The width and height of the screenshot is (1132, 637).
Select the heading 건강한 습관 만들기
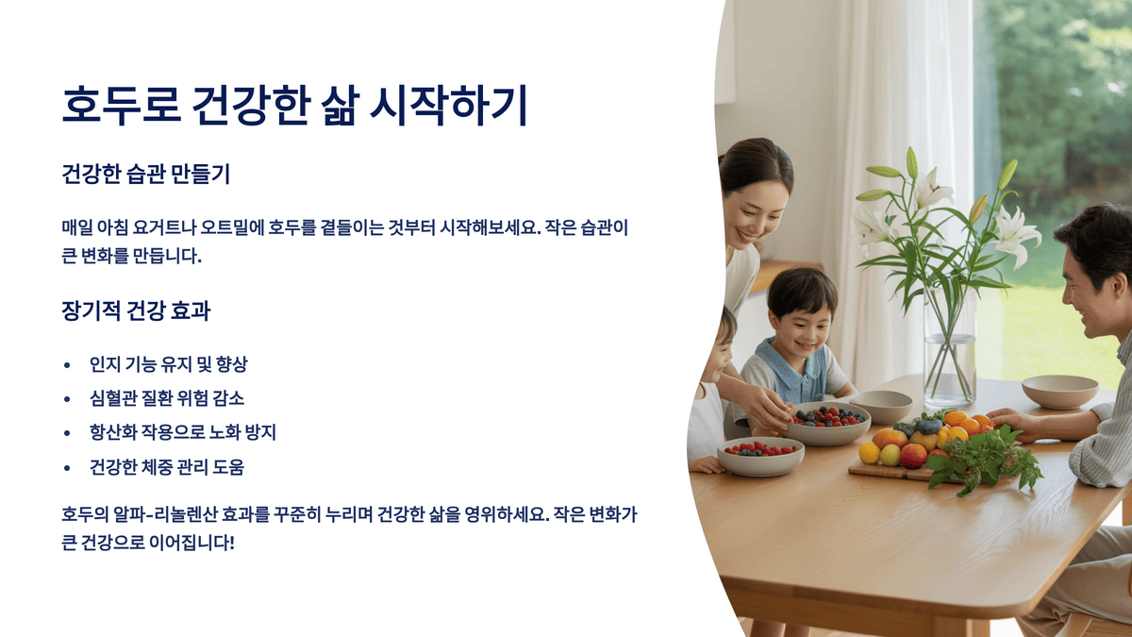point(146,175)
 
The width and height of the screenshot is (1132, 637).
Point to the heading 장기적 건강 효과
point(135,311)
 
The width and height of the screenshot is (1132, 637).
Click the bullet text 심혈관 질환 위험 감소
point(167,398)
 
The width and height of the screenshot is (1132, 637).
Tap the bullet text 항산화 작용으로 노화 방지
point(182,432)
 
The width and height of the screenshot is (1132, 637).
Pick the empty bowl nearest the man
point(1059,391)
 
